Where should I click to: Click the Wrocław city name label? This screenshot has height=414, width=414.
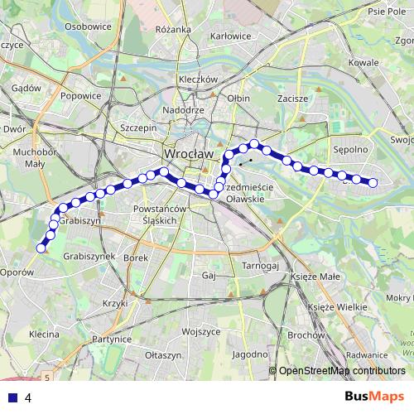[x=189, y=154]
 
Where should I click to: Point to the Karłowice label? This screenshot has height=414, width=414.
[x=231, y=36]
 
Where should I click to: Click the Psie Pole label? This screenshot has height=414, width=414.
[x=386, y=12]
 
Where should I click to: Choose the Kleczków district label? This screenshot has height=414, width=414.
[x=197, y=79]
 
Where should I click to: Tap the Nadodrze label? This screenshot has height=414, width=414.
[x=184, y=110]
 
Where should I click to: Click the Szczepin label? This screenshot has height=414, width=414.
[x=138, y=128]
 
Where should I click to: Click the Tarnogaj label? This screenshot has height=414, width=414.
[x=258, y=266]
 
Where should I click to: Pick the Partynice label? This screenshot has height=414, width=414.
[x=112, y=339]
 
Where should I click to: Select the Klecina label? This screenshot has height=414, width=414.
[x=42, y=335]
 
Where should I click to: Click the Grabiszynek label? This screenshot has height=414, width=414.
[x=89, y=257]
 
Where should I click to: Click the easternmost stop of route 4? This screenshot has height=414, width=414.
[x=373, y=182]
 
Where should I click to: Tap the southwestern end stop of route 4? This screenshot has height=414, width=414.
[x=41, y=246]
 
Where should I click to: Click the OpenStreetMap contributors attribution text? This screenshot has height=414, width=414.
[x=342, y=371]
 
